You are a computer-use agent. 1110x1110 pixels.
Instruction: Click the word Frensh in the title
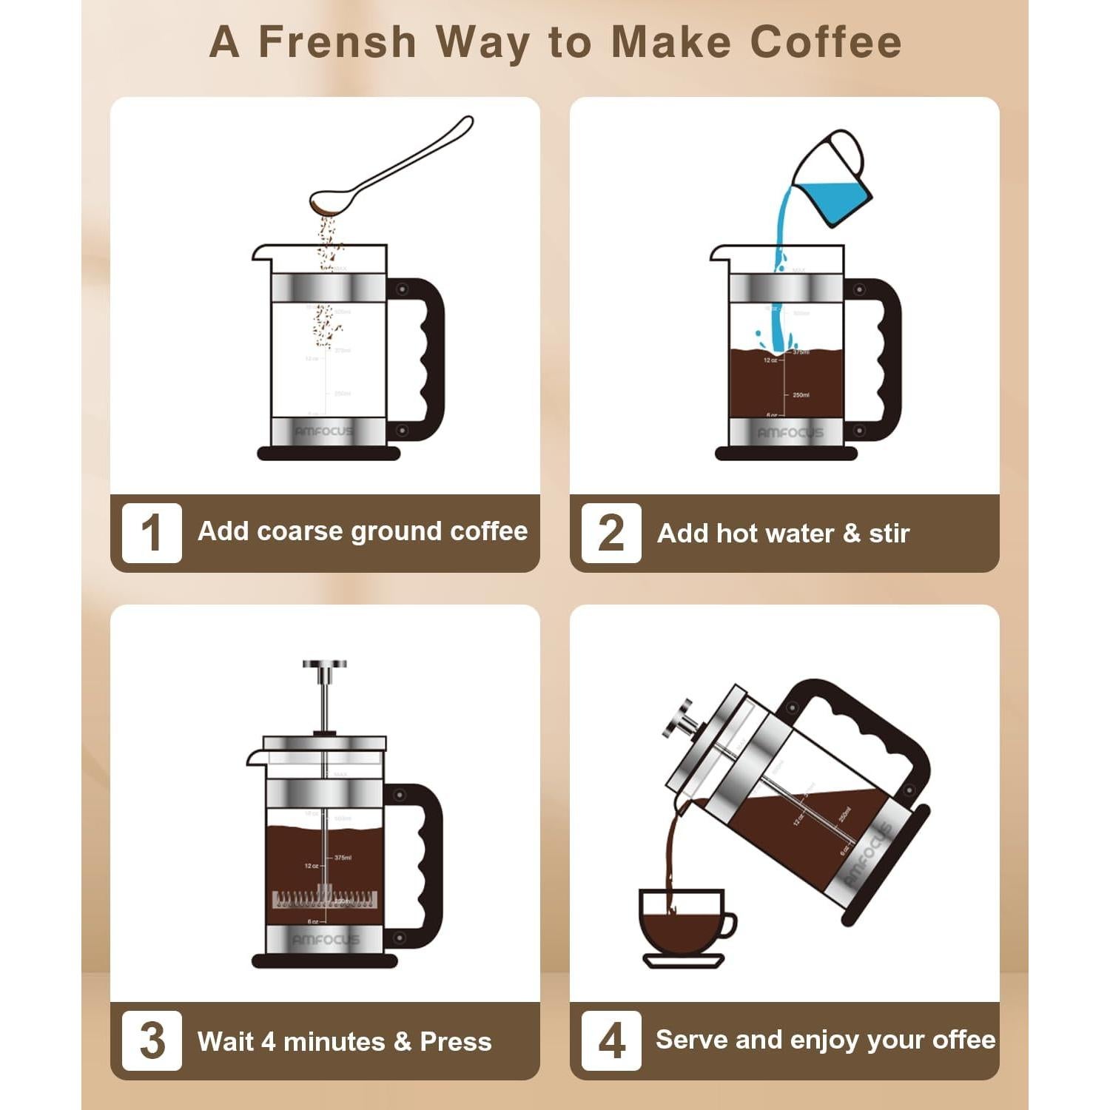pyautogui.click(x=337, y=41)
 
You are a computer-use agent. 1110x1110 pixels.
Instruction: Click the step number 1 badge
pyautogui.click(x=152, y=533)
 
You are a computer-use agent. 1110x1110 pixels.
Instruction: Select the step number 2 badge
pyautogui.click(x=611, y=533)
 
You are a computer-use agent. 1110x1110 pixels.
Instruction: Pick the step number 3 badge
pyautogui.click(x=152, y=1040)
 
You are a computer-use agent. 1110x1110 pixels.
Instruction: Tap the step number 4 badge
pyautogui.click(x=611, y=1040)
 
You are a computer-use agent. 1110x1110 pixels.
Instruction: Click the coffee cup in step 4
pyautogui.click(x=681, y=921)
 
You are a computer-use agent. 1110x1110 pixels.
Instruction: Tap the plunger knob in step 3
pyautogui.click(x=324, y=665)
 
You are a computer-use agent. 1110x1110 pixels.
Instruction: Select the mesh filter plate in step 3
pyautogui.click(x=325, y=900)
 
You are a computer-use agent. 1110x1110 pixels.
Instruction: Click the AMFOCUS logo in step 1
pyautogui.click(x=324, y=431)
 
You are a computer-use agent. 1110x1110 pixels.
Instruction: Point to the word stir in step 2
pyautogui.click(x=889, y=534)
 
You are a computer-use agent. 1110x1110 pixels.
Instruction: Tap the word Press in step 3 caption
pyautogui.click(x=455, y=1042)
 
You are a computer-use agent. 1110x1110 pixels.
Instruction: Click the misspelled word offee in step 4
pyautogui.click(x=963, y=1040)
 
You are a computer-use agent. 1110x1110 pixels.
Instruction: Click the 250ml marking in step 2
pyautogui.click(x=801, y=395)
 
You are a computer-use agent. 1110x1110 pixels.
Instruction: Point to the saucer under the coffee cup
pyautogui.click(x=683, y=961)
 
